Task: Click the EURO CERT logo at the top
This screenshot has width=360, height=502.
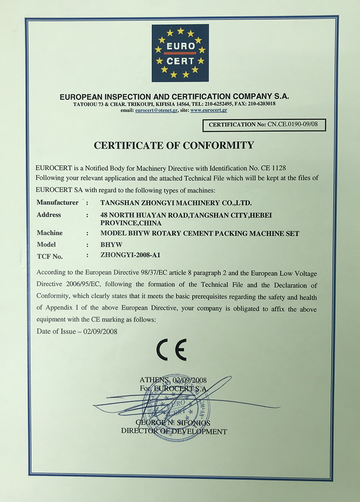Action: coord(180,53)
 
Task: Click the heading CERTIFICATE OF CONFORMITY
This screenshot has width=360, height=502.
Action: coord(174,145)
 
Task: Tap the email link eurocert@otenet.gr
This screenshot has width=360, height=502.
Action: coord(156,110)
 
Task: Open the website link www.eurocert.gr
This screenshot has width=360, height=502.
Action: coord(208,110)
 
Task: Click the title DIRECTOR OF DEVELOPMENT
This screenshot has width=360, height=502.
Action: coord(174,431)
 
